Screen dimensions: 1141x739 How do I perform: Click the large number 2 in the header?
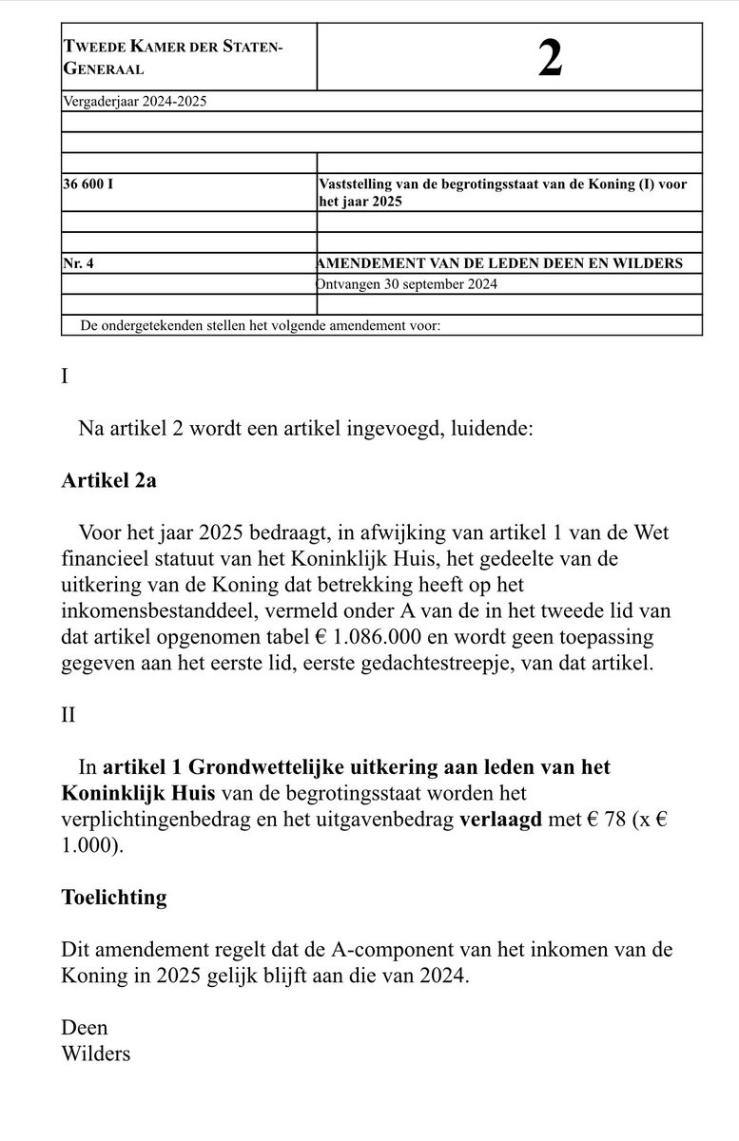click(x=550, y=59)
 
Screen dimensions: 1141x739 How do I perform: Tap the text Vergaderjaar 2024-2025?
click(x=133, y=101)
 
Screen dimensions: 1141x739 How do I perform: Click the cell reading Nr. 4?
click(x=78, y=263)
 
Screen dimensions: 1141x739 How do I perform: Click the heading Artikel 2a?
click(x=108, y=480)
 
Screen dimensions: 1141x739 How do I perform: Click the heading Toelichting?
click(x=113, y=898)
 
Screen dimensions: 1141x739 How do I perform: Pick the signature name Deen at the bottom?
click(x=84, y=1027)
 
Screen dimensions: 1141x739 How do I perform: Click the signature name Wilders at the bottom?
click(x=95, y=1054)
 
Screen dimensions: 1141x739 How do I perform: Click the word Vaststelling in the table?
click(x=357, y=184)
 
